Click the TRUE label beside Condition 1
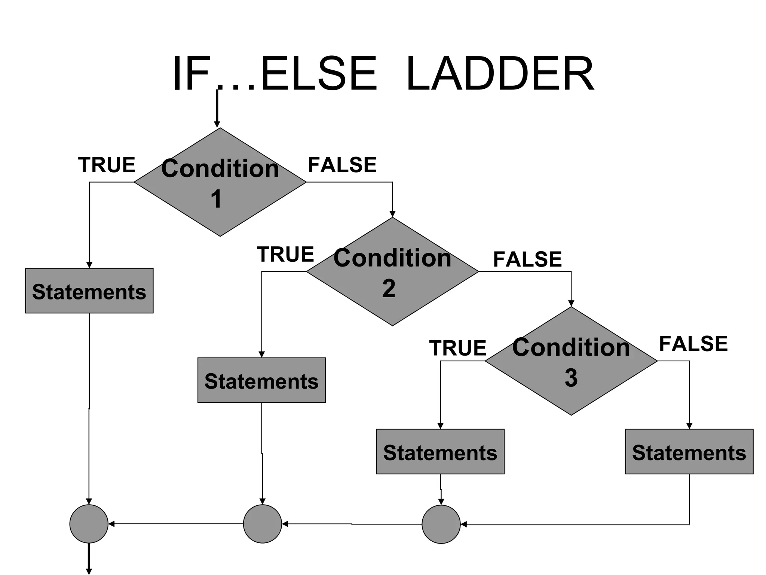coord(107,165)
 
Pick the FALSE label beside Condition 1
coord(342,165)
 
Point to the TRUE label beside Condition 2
coord(285,255)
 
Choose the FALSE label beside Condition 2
coord(527,259)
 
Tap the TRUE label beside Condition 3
coord(457,348)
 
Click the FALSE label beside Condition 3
coord(693,344)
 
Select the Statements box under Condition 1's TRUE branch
coord(89,291)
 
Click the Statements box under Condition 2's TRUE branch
coord(261,380)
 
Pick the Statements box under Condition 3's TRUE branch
coord(440,452)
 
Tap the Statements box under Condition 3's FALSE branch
coord(689,452)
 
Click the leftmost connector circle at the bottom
coord(89,524)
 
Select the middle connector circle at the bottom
coord(262,524)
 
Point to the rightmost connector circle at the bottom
coord(441,524)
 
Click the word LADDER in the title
coord(500,74)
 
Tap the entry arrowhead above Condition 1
coord(217,124)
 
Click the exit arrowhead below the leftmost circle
coord(89,571)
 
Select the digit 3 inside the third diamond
coord(571,378)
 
